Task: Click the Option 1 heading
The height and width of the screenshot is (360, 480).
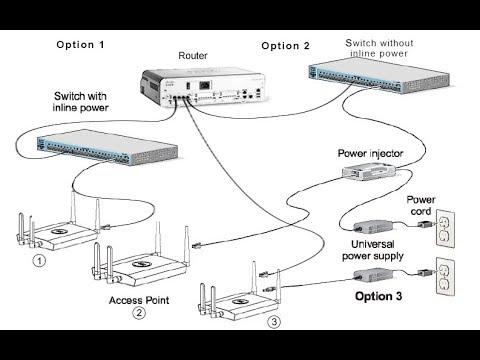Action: [80, 45]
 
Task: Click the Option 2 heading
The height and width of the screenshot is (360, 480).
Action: [286, 46]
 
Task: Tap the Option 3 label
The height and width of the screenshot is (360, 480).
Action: [378, 296]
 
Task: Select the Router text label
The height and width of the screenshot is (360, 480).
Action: [193, 55]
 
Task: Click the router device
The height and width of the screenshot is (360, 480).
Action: [202, 88]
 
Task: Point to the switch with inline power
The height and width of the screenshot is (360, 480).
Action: [107, 147]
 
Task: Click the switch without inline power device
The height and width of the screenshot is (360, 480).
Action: [379, 75]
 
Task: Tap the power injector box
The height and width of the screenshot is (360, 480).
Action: [369, 171]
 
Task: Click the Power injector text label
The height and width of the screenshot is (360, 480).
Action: [370, 153]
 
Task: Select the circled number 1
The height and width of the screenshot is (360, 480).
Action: [40, 260]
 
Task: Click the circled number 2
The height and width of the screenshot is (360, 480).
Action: [139, 313]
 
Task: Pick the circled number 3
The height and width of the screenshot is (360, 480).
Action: [274, 322]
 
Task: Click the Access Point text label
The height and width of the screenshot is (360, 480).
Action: [139, 300]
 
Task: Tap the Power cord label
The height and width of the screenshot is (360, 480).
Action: [421, 205]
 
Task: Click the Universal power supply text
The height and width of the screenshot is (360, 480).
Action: [373, 250]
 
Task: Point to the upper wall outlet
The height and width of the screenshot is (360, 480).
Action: [446, 228]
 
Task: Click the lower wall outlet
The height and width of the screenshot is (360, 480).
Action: [446, 276]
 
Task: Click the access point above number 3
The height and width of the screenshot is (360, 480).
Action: [240, 292]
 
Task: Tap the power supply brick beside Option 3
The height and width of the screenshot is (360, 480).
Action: [373, 275]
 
